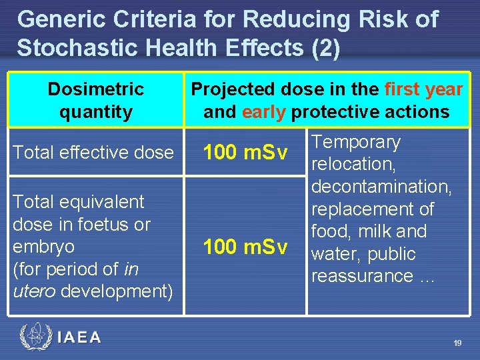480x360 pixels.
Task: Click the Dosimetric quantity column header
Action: [95, 100]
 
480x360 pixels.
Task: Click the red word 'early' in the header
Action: [264, 111]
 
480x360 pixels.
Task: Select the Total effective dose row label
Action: [93, 153]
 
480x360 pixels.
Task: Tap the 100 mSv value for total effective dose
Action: [245, 153]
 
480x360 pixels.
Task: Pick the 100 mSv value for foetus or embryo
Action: [245, 247]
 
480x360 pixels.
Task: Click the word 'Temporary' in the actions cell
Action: [356, 142]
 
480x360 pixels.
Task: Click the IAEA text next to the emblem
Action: [79, 338]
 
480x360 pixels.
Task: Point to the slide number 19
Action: [457, 343]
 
